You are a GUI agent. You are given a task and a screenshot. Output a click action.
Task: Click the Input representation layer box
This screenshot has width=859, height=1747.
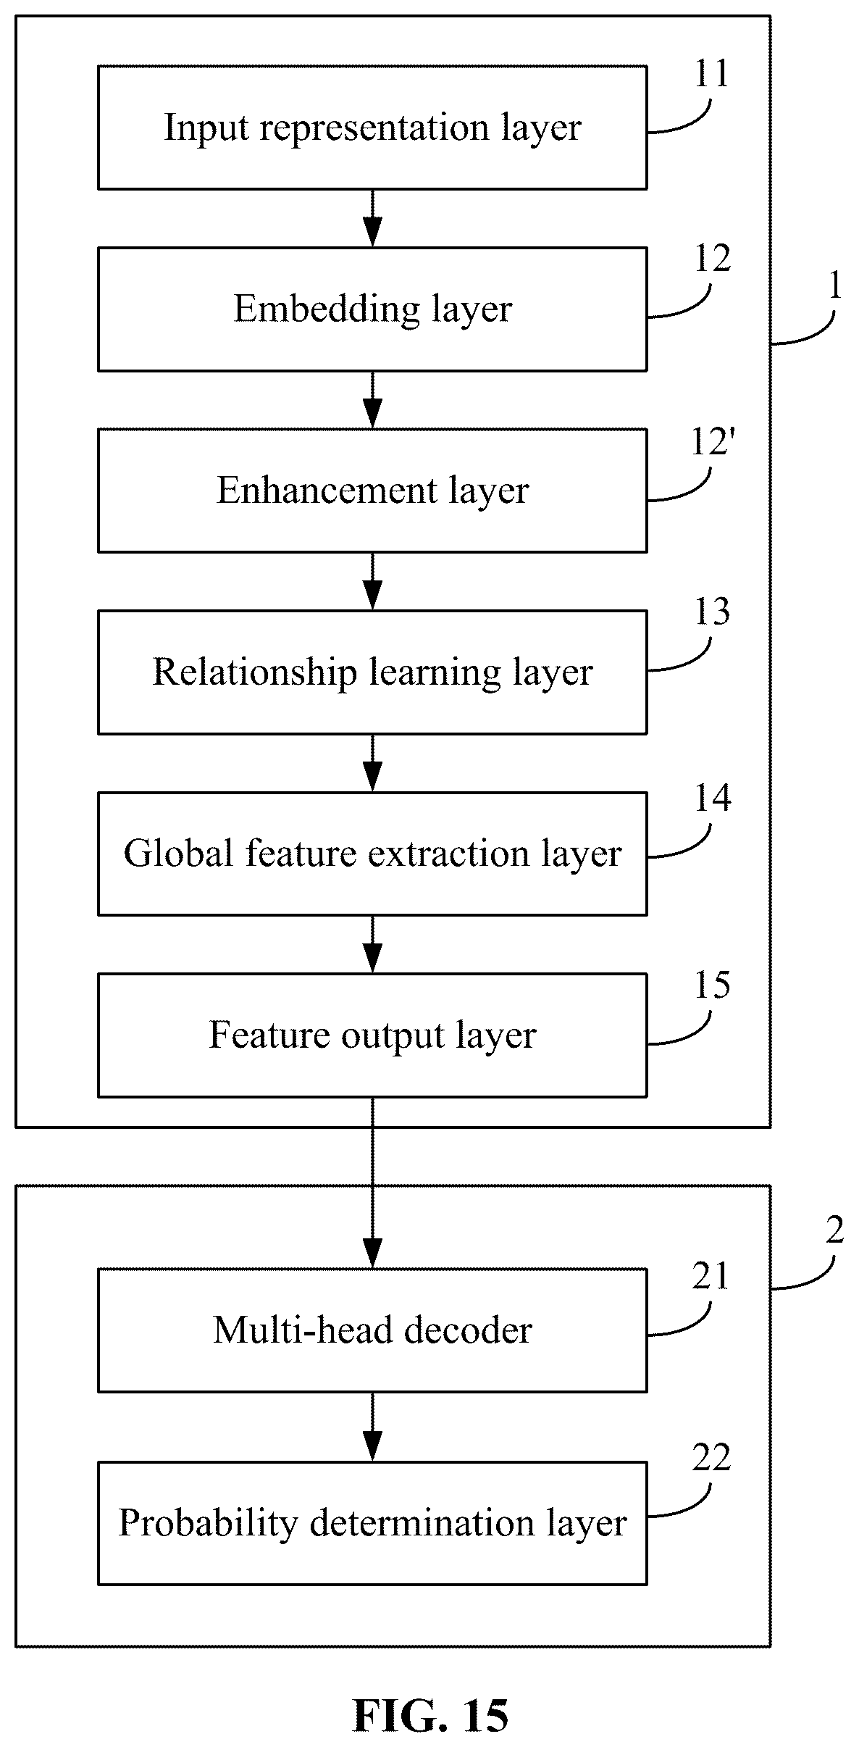pyautogui.click(x=372, y=128)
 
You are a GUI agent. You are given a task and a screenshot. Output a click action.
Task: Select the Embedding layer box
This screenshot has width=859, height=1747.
pyautogui.click(x=372, y=309)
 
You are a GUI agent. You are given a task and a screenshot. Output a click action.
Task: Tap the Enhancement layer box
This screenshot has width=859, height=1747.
pyautogui.click(x=372, y=491)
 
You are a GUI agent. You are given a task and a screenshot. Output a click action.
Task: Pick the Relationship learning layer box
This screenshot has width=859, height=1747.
pyautogui.click(x=372, y=672)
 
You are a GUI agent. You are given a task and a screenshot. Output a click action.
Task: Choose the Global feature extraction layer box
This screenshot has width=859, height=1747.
pyautogui.click(x=372, y=854)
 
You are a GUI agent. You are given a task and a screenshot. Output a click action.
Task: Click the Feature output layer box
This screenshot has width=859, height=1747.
pyautogui.click(x=372, y=1035)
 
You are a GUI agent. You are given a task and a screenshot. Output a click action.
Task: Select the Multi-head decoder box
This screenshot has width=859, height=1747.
pyautogui.click(x=372, y=1330)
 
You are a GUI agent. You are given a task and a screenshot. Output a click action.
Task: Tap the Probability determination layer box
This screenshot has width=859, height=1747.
pyautogui.click(x=372, y=1523)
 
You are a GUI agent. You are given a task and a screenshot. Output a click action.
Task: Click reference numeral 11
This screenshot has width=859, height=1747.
pyautogui.click(x=711, y=74)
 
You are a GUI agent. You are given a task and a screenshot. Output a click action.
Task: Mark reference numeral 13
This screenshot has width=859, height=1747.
pyautogui.click(x=712, y=613)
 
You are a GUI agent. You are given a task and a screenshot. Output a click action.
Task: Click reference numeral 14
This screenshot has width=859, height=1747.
pyautogui.click(x=712, y=799)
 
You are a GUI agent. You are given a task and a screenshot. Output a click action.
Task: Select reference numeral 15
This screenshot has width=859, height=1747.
pyautogui.click(x=712, y=985)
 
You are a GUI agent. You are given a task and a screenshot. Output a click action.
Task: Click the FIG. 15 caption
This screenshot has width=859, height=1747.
pyautogui.click(x=430, y=1715)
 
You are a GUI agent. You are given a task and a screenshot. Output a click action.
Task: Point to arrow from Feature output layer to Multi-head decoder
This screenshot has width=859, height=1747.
pyautogui.click(x=372, y=1183)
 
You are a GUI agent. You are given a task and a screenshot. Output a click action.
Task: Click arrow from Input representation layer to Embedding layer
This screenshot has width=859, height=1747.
pyautogui.click(x=372, y=219)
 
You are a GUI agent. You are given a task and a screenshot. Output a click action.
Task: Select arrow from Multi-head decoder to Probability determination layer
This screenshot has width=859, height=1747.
pyautogui.click(x=372, y=1427)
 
